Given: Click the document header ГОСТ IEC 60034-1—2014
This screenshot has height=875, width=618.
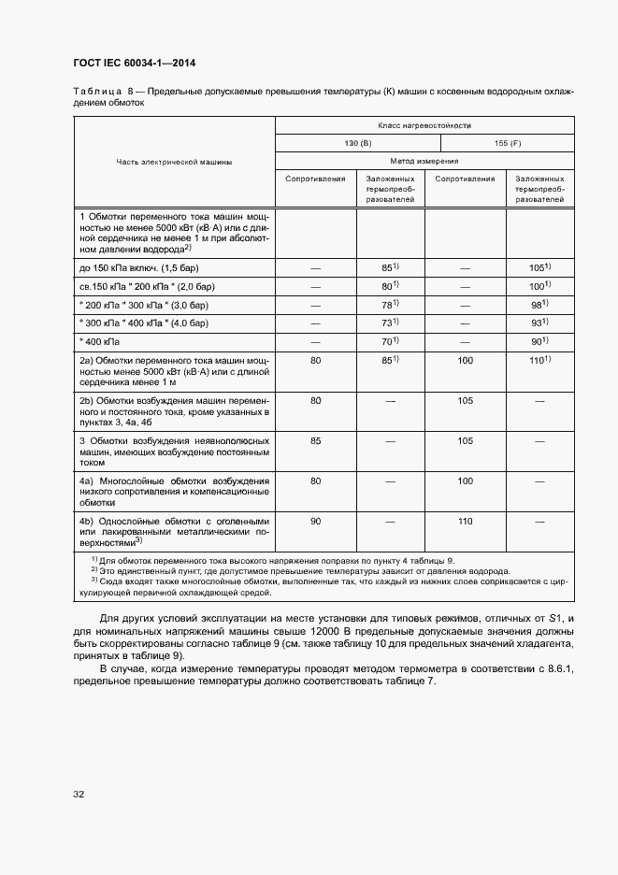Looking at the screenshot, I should coord(134,64).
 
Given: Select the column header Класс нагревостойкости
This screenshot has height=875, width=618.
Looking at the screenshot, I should coord(424,124).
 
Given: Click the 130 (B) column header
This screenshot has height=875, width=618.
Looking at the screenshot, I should coord(357,143).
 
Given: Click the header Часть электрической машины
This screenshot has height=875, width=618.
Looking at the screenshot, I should coord(174,162).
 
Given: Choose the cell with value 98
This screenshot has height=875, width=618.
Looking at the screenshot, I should coord(539,305).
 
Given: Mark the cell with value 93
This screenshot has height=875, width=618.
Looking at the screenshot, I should coord(539,323).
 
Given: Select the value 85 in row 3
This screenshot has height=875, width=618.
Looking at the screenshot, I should coord(315,440).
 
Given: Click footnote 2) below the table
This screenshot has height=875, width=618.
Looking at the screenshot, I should coord(252,569).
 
